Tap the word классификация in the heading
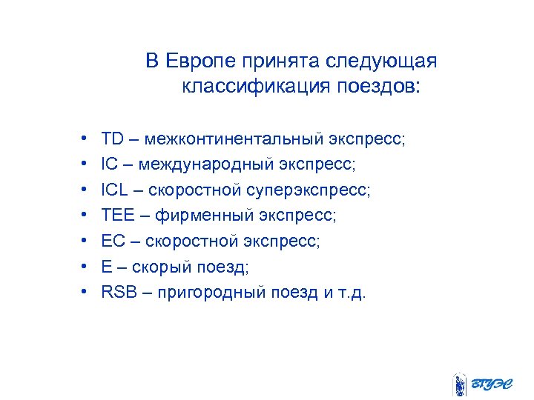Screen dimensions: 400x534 248,87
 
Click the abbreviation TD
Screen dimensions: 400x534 112,139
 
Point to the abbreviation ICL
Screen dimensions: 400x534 115,190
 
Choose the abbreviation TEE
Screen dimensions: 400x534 117,216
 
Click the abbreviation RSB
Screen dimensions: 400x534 117,292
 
